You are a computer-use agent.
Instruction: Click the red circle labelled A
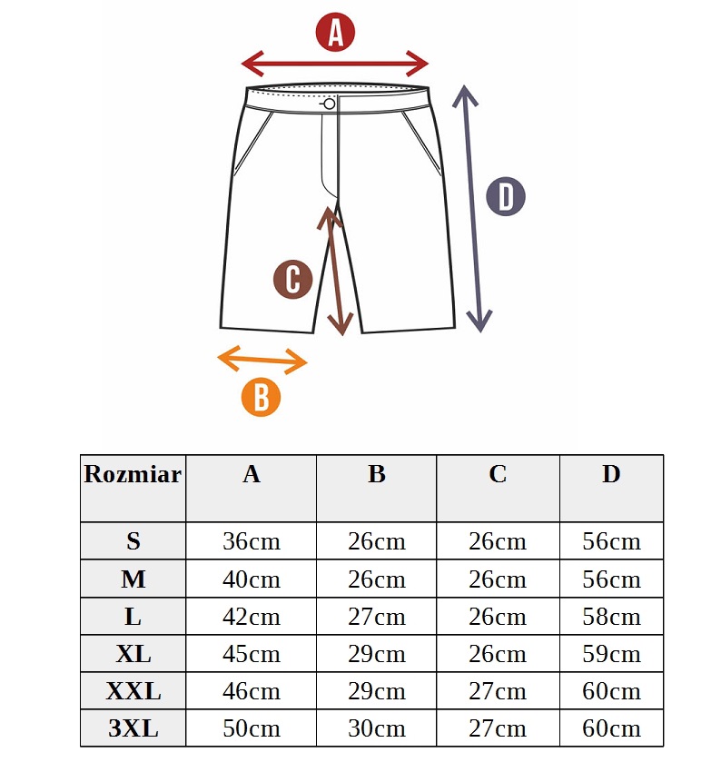pos(335,32)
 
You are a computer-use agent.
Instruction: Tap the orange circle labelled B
pos(261,397)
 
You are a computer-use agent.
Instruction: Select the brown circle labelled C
pos(293,280)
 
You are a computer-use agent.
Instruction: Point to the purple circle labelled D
pos(506,196)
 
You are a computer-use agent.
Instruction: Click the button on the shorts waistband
pos(329,104)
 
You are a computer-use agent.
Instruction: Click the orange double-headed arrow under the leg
pos(262,360)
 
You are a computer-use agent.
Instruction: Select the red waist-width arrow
pos(335,64)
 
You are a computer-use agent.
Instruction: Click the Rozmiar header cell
pos(133,474)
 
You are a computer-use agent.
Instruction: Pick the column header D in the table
pos(611,474)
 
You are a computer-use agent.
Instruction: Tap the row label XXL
pos(133,691)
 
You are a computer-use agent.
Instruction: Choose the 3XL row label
pos(133,728)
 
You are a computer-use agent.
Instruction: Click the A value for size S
pos(252,541)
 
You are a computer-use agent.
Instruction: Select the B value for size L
pos(377,617)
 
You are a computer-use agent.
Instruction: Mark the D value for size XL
pos(611,654)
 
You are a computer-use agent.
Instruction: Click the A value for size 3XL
pos(252,728)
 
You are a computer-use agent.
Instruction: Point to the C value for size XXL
pos(497,691)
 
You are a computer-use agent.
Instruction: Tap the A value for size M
pos(252,579)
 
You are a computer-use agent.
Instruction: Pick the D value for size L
pos(611,617)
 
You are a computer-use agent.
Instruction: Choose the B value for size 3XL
pos(377,728)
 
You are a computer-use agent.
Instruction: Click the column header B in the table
pos(377,474)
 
